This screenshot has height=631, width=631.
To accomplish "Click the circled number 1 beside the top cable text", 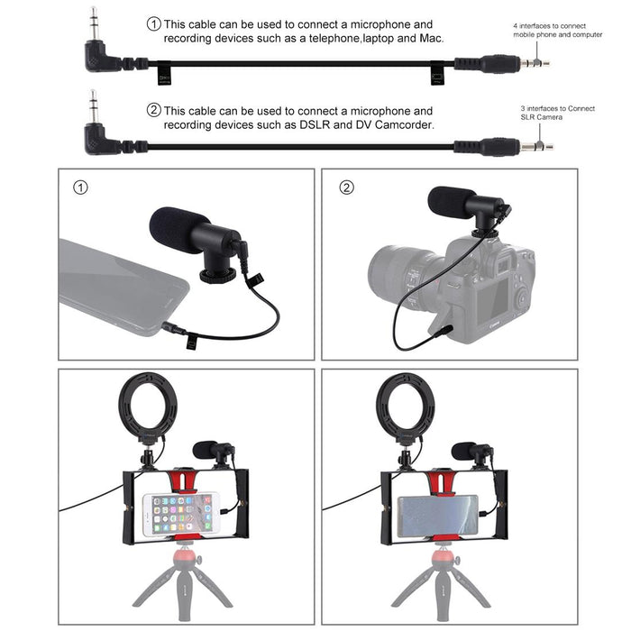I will (x=154, y=23).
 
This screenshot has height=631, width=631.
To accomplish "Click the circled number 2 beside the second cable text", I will (x=154, y=110).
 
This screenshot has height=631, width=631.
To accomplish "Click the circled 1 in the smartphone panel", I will (x=81, y=188).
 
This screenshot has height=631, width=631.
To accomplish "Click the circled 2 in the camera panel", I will (x=346, y=188).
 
